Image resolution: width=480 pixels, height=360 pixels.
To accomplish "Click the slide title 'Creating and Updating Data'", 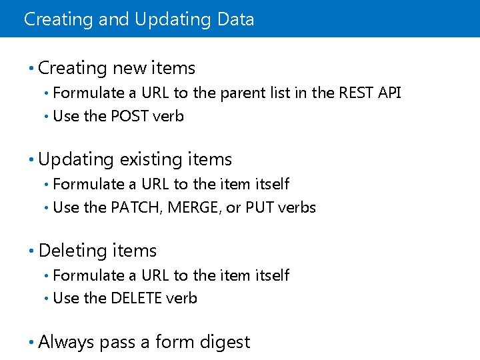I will click(x=139, y=19).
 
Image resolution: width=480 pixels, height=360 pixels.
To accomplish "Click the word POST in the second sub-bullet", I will click(x=129, y=116).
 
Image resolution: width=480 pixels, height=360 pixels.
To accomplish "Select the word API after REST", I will click(x=389, y=93).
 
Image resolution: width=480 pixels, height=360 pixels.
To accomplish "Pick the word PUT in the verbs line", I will click(x=259, y=207).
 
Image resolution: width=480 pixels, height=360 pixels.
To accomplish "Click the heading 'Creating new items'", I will click(x=117, y=68).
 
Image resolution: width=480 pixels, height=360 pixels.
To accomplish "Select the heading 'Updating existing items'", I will click(x=135, y=159).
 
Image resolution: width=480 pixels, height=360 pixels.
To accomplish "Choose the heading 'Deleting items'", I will click(x=97, y=251).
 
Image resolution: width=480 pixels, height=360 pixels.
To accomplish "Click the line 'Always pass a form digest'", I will click(x=144, y=342).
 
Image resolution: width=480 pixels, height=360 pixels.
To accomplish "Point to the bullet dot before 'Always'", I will click(x=31, y=343).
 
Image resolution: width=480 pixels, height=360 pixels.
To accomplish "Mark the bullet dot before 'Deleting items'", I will click(x=31, y=251).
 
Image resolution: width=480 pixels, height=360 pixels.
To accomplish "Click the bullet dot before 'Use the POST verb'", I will click(x=46, y=117).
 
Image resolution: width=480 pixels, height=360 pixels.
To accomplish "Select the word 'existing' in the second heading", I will click(x=151, y=159).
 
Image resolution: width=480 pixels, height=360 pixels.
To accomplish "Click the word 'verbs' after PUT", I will click(x=297, y=207).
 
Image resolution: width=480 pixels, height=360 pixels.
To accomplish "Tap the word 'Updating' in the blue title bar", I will click(x=173, y=19).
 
